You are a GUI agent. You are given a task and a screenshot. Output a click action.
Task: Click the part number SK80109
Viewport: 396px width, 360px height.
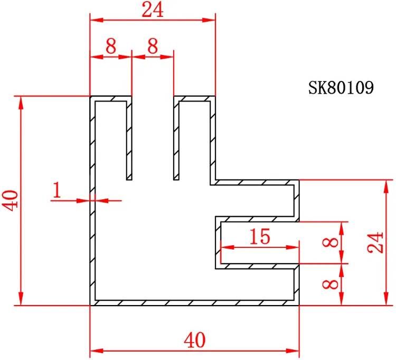[341, 88]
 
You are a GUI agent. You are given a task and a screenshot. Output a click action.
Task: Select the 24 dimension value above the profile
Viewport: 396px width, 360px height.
[153, 10]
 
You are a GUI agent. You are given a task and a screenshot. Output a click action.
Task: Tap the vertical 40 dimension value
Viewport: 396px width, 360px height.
[11, 200]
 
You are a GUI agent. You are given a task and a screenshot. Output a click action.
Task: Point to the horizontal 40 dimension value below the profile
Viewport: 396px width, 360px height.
[194, 340]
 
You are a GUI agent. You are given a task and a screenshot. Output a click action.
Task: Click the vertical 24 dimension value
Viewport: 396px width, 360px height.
[375, 242]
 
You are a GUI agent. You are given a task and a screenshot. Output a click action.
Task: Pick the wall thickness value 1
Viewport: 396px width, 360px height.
[57, 190]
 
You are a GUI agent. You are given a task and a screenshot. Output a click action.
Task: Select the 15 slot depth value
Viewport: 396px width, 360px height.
[260, 236]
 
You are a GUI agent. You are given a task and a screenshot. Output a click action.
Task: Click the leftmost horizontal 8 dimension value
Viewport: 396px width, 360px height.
[111, 46]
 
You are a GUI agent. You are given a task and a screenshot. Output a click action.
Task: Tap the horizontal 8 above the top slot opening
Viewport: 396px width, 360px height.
[153, 46]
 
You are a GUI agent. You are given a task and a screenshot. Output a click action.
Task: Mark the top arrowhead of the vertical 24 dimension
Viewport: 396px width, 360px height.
[386, 186]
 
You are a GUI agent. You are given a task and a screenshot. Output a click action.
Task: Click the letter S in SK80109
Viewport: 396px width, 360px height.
[313, 88]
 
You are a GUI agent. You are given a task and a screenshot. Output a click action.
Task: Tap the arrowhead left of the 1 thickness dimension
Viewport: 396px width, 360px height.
[83, 201]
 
